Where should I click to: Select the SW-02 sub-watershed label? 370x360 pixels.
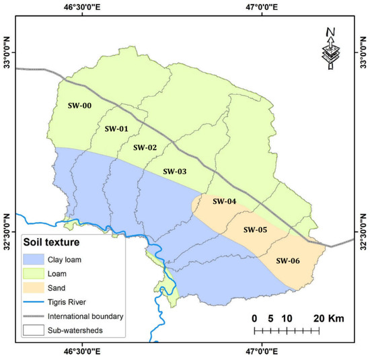click(x=145, y=147)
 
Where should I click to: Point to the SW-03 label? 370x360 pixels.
click(x=174, y=172)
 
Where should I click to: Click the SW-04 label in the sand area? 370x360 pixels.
click(x=224, y=201)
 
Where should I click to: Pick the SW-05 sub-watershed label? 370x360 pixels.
click(x=256, y=229)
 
